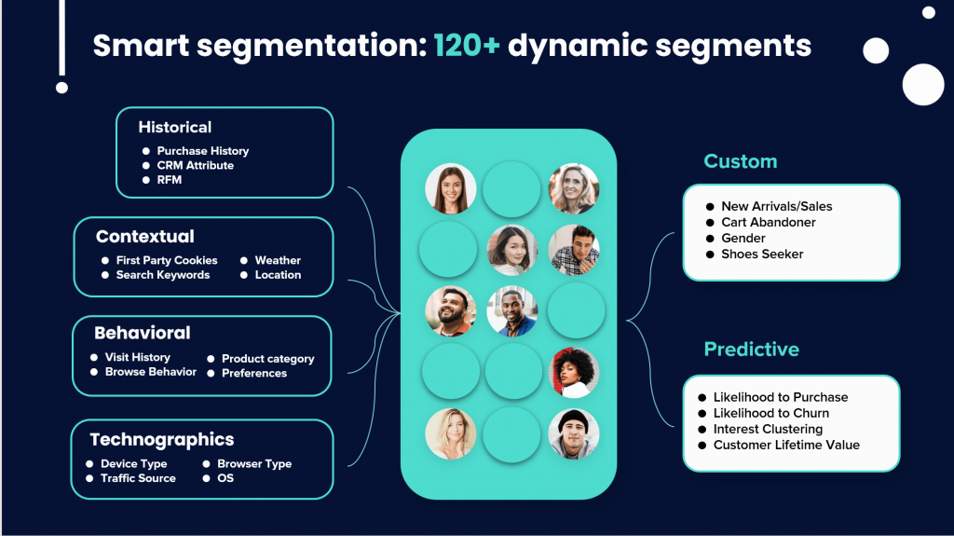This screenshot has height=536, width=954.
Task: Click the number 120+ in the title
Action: pyautogui.click(x=467, y=45)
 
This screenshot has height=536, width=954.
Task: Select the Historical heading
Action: pyautogui.click(x=175, y=128)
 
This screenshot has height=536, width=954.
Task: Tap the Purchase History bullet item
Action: pyautogui.click(x=202, y=151)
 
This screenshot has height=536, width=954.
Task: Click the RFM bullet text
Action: pyautogui.click(x=169, y=180)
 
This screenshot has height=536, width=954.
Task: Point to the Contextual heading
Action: pyautogui.click(x=145, y=237)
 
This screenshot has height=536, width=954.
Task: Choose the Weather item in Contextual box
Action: pyautogui.click(x=278, y=260)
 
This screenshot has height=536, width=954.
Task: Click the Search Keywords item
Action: pyautogui.click(x=162, y=275)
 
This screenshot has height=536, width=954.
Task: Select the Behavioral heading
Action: pyautogui.click(x=143, y=333)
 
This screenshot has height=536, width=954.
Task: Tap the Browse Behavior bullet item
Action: pyautogui.click(x=150, y=372)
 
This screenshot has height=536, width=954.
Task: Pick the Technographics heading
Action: pyautogui.click(x=162, y=440)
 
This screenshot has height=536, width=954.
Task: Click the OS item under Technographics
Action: pyautogui.click(x=225, y=478)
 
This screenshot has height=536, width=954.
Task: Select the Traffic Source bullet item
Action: pyautogui.click(x=138, y=478)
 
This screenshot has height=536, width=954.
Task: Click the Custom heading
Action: pyautogui.click(x=741, y=161)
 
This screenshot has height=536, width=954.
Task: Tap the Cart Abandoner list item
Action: pyautogui.click(x=768, y=223)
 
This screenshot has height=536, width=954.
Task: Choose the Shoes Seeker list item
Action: pyautogui.click(x=762, y=254)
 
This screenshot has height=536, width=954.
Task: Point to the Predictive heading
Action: pyautogui.click(x=752, y=350)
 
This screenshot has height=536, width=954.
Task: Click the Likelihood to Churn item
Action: pyautogui.click(x=770, y=413)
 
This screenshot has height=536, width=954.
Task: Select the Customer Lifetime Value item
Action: pyautogui.click(x=786, y=445)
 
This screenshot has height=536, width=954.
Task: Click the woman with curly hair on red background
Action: pyautogui.click(x=574, y=372)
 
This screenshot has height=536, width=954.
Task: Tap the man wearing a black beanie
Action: pyautogui.click(x=574, y=433)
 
